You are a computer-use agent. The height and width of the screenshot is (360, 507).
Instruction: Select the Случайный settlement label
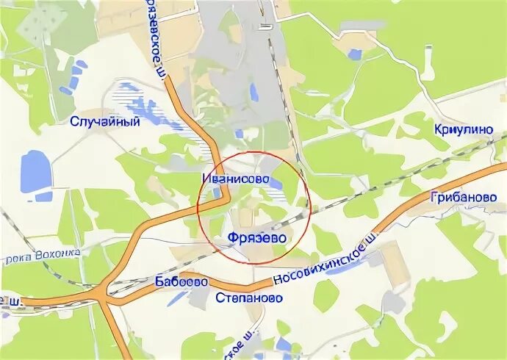click(x=105, y=122)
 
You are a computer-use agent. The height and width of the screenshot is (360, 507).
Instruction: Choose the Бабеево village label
click(x=181, y=281)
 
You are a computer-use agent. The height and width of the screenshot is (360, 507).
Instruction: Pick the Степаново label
click(x=249, y=298)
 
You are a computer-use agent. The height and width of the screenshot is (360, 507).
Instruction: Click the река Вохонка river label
click(x=42, y=255)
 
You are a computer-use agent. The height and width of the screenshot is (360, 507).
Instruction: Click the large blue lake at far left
click(x=33, y=171)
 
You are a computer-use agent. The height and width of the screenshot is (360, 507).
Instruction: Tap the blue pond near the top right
click(x=356, y=54)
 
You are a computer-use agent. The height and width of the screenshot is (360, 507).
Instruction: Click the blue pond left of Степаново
click(x=179, y=298)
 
